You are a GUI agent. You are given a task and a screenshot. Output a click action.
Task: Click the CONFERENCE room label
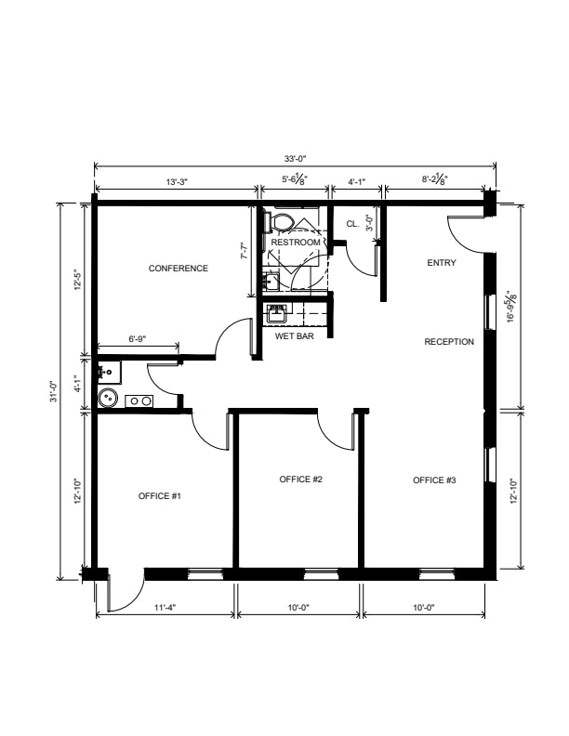[178, 269]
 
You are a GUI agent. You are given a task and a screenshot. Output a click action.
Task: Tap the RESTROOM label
[296, 243]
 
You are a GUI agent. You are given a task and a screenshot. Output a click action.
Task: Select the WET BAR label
[295, 336]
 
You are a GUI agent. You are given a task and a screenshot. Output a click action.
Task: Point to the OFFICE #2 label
[300, 480]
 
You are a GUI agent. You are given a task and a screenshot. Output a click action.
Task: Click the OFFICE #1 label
[160, 496]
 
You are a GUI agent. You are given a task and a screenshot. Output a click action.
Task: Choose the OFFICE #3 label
[434, 480]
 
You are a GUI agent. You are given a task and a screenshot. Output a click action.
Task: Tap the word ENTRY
[442, 263]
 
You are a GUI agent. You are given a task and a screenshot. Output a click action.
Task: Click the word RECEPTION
[449, 342]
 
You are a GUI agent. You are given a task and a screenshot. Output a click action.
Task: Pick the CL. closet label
[352, 224]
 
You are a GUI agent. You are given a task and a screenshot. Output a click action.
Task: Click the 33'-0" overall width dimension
[295, 159]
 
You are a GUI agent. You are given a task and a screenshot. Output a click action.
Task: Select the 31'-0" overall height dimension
[54, 391]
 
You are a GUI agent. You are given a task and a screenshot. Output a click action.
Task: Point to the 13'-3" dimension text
[177, 181]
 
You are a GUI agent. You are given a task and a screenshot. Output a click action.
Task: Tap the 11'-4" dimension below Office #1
[165, 608]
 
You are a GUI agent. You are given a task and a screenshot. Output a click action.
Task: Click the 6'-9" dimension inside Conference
[138, 339]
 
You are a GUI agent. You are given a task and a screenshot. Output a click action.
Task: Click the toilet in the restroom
[279, 222]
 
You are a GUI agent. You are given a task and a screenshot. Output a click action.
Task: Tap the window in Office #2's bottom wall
[321, 573]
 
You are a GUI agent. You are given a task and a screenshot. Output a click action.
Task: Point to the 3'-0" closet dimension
[369, 223]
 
